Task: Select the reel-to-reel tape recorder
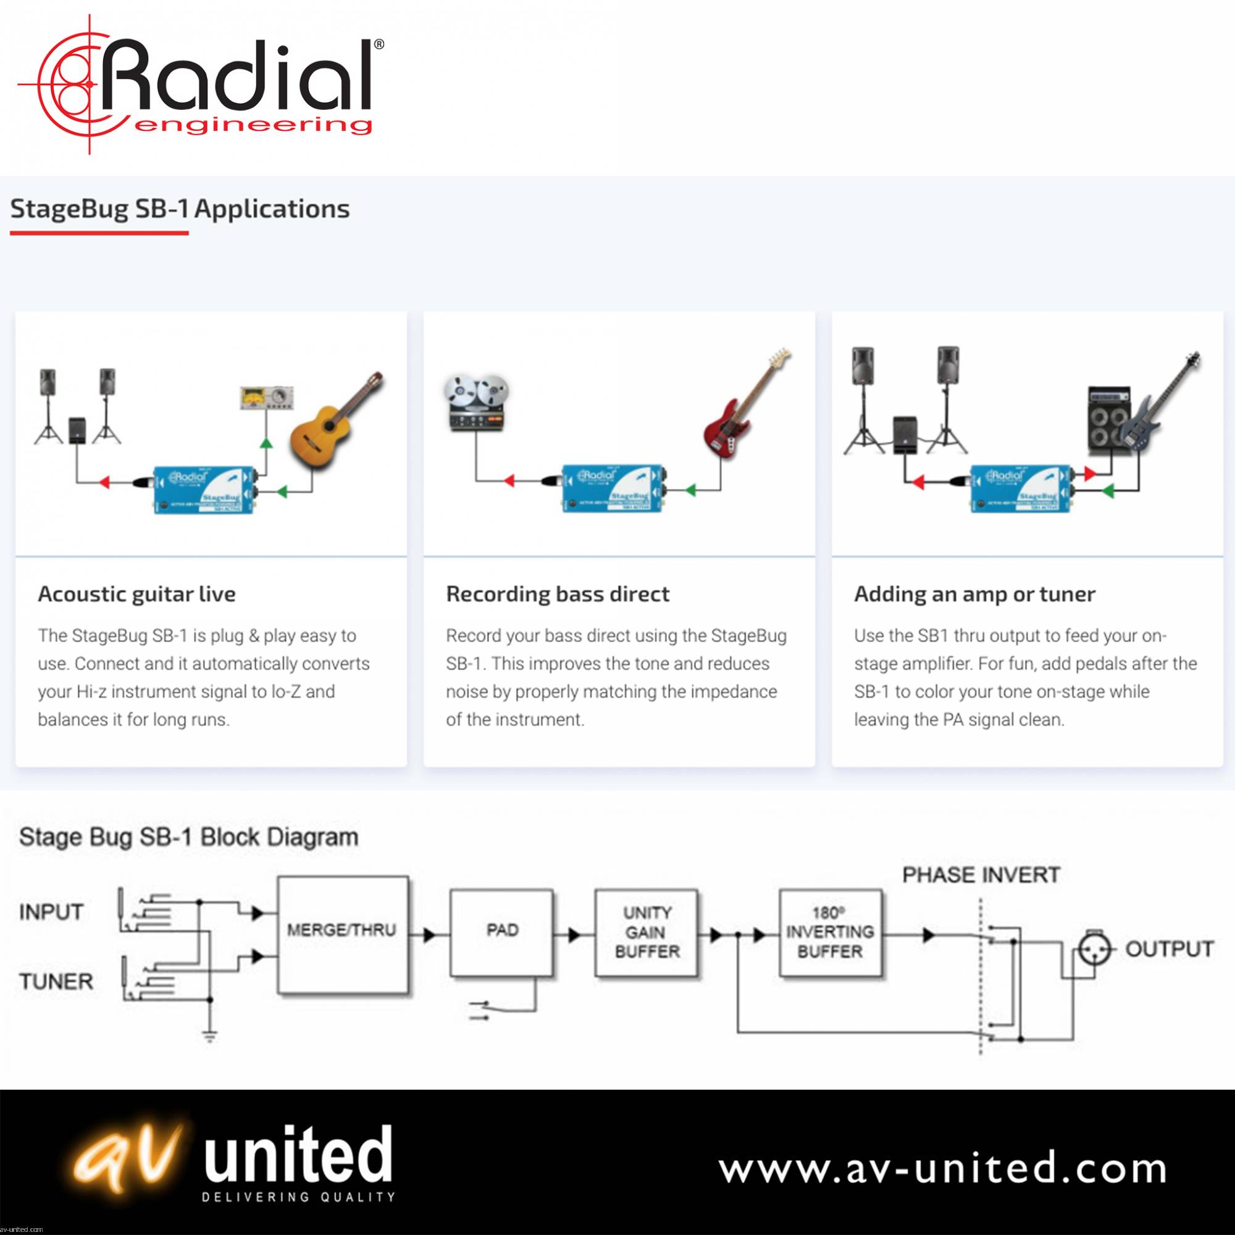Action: [x=476, y=403]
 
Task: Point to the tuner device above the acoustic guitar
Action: [x=266, y=398]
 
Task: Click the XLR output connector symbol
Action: [x=1094, y=948]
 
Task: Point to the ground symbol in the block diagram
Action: [x=210, y=1036]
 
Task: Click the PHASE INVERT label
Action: [x=981, y=874]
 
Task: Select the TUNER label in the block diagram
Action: [x=56, y=981]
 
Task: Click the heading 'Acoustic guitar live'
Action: [x=137, y=594]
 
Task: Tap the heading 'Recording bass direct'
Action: [x=558, y=594]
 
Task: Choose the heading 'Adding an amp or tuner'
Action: [x=974, y=594]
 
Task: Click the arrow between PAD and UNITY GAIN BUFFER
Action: [x=574, y=935]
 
